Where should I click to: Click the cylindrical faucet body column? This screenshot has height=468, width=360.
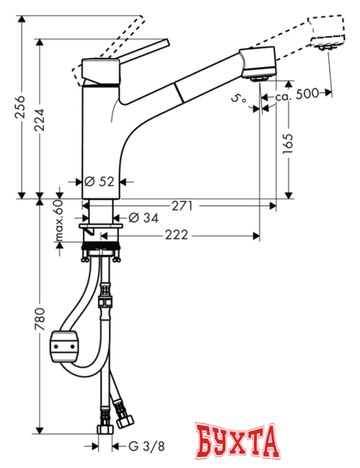coord(98,139)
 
